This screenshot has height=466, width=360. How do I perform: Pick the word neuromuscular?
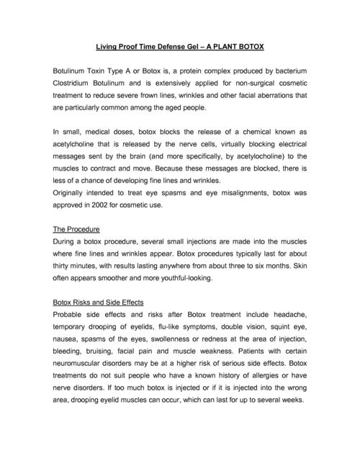pos(81,368)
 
